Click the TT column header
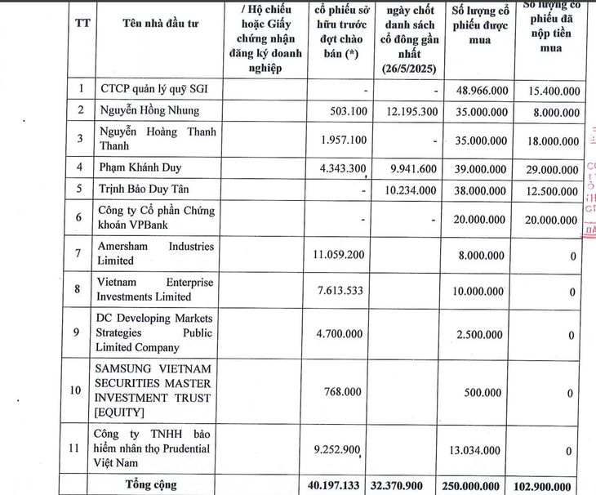click(82, 23)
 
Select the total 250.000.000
click(478, 485)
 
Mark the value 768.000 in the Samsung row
click(342, 391)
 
